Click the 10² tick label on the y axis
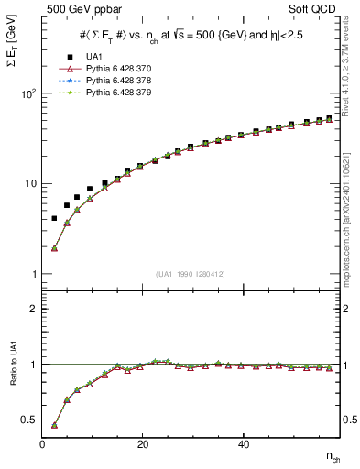tap(27, 94)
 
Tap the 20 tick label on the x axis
tap(143, 443)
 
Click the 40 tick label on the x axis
tap(243, 443)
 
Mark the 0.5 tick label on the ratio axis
tap(28, 420)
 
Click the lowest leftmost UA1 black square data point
tap(54, 218)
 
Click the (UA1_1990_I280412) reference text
tap(191, 274)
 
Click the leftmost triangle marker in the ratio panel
tap(54, 425)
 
